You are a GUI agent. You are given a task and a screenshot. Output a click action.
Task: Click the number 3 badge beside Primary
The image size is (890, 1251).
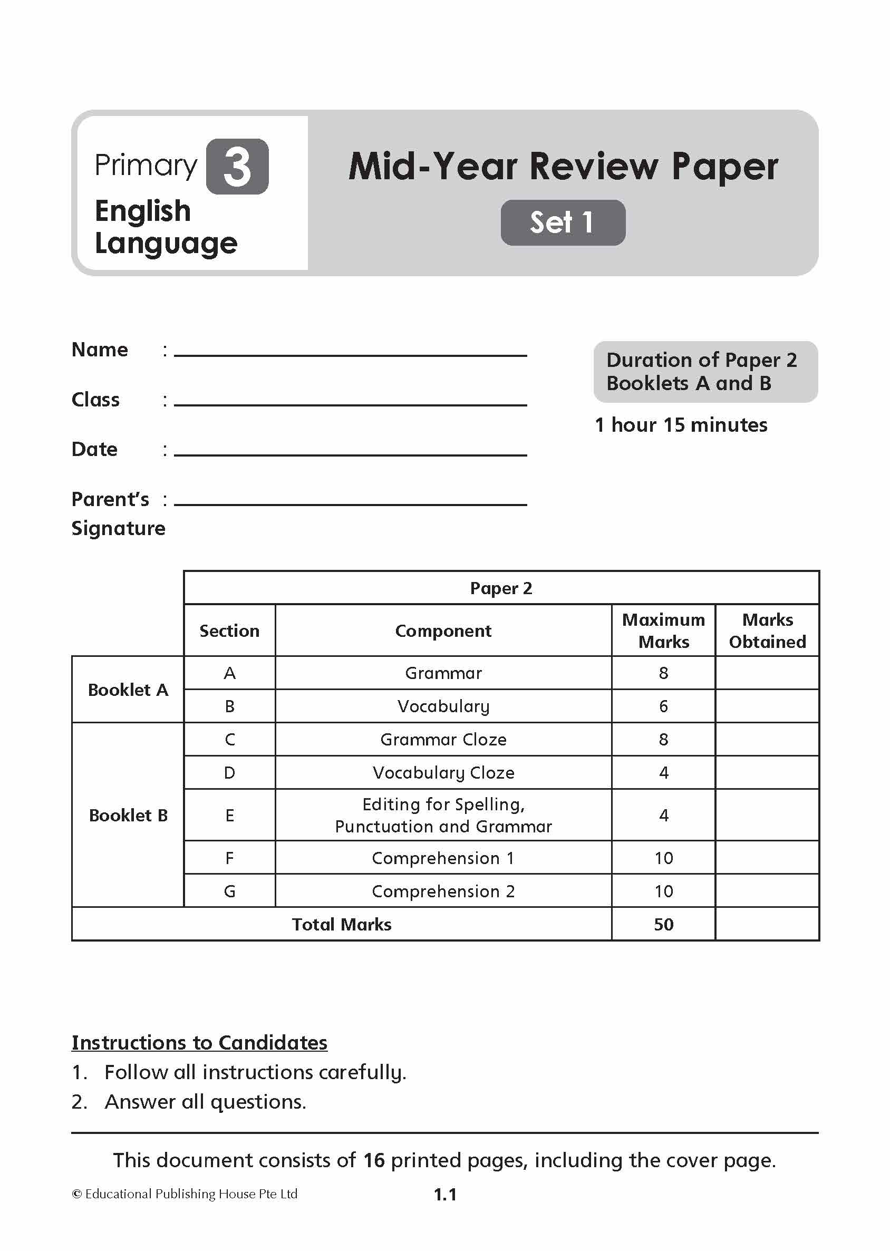coord(237,167)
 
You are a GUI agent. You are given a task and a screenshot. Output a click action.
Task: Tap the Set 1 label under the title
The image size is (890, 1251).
coord(562,222)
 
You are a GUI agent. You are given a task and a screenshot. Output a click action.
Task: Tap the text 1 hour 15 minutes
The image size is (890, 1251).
coord(681,425)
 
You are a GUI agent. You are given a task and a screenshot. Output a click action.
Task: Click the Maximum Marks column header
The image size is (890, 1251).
coord(663,631)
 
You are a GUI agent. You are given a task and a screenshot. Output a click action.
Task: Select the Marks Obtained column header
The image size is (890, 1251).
coord(767,631)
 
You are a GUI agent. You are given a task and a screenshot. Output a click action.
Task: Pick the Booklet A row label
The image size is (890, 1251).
coord(128,690)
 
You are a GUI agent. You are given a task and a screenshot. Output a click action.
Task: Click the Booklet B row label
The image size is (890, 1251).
coord(128,816)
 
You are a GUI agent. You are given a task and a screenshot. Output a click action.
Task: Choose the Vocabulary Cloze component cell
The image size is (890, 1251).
coord(443,773)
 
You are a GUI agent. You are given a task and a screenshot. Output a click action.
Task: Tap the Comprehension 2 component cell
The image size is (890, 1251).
coord(443,891)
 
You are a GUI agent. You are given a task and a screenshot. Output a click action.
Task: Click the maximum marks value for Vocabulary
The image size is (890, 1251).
coord(663,706)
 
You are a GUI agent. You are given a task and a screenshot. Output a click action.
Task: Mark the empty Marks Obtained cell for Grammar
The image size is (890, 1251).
coord(767,673)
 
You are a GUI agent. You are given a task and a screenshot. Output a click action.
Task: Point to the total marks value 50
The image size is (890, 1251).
coord(663,925)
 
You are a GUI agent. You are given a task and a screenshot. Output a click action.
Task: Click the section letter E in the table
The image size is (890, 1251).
coord(230,816)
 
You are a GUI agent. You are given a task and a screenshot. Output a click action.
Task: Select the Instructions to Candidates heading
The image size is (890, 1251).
coord(199,1043)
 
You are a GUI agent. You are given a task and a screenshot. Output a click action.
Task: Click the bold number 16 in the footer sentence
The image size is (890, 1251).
coord(374,1160)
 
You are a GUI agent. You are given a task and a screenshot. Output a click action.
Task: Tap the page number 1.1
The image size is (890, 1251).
coord(445,1195)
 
